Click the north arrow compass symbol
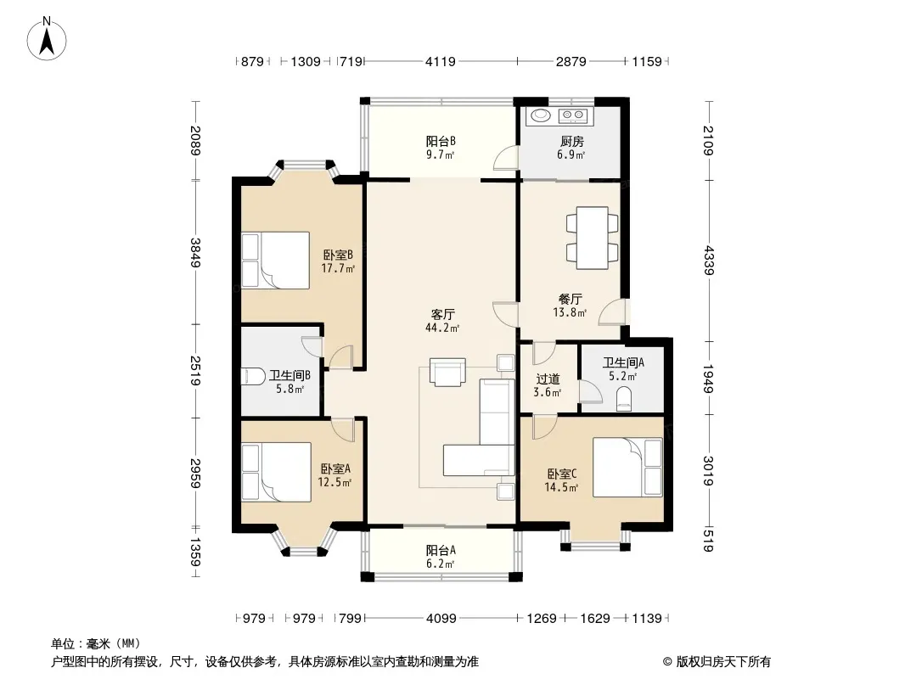tap(47, 39)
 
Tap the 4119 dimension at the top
tap(441, 61)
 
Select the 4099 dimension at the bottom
tap(441, 619)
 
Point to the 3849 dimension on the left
tap(195, 253)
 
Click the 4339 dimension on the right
tap(709, 261)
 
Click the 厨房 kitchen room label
tap(571, 142)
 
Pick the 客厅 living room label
tap(442, 314)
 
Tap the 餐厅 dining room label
tap(571, 299)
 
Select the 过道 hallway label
tap(548, 379)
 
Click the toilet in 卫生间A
tap(624, 399)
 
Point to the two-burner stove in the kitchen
tap(572, 116)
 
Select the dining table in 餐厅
tap(593, 238)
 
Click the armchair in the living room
tap(447, 372)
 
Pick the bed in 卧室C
tap(627, 468)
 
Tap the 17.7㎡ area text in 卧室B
tap(338, 268)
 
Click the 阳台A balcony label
tap(441, 550)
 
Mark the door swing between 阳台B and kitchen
tap(506, 158)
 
